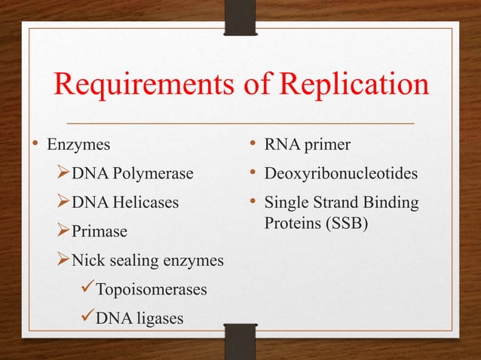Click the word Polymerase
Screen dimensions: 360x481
(x=152, y=174)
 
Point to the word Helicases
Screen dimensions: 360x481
(x=143, y=202)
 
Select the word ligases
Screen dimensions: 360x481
(x=155, y=318)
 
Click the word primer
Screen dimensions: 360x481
(x=317, y=143)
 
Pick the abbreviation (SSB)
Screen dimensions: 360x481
(x=344, y=224)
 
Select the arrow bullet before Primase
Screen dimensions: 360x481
(x=63, y=230)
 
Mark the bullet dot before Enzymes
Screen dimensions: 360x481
(x=35, y=143)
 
